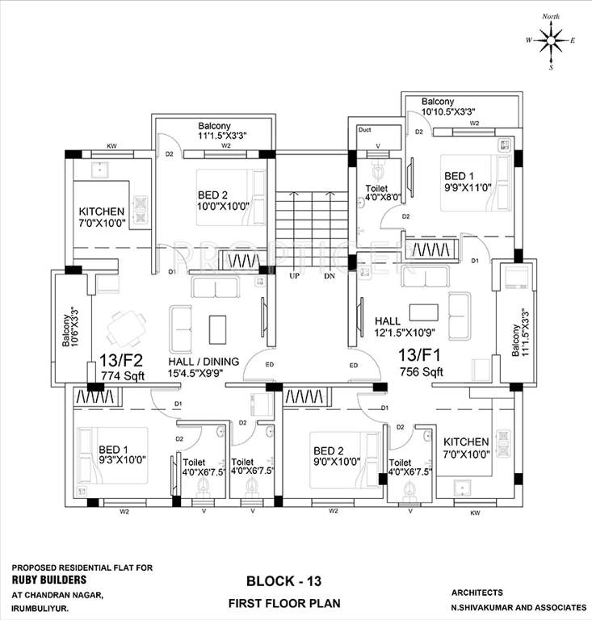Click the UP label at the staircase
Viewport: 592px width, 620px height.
pyautogui.click(x=295, y=275)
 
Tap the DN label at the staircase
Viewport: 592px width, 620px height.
pyautogui.click(x=329, y=275)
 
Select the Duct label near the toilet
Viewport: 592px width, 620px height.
pyautogui.click(x=364, y=128)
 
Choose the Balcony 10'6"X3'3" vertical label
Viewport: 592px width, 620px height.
pyautogui.click(x=70, y=326)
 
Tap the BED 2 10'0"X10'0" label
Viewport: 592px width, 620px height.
pyautogui.click(x=220, y=200)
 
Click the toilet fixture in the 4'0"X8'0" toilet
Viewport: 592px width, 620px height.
pyautogui.click(x=377, y=172)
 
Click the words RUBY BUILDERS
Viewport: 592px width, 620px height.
pyautogui.click(x=48, y=579)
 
